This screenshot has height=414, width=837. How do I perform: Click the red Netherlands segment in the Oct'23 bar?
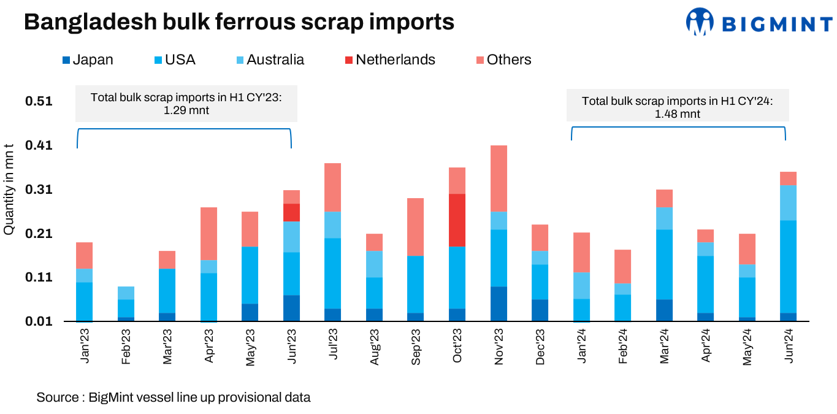[457, 220]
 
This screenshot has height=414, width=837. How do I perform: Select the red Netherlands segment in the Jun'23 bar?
[291, 212]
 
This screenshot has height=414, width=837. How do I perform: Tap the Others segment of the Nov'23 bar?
[499, 178]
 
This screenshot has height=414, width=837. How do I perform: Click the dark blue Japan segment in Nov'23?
[499, 304]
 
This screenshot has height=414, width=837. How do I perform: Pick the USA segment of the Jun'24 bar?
[788, 266]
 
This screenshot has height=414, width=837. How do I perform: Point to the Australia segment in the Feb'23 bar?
[126, 293]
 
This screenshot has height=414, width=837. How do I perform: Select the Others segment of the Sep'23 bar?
[416, 226]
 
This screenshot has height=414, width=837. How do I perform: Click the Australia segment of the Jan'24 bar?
[581, 285]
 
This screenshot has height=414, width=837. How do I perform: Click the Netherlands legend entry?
[390, 59]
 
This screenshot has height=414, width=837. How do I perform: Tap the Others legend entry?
[503, 59]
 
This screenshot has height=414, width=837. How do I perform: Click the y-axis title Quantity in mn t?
[9, 189]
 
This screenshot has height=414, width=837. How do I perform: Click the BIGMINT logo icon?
[701, 23]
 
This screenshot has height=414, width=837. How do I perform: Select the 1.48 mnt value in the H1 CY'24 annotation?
[677, 113]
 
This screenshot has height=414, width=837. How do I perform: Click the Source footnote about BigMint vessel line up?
[174, 397]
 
